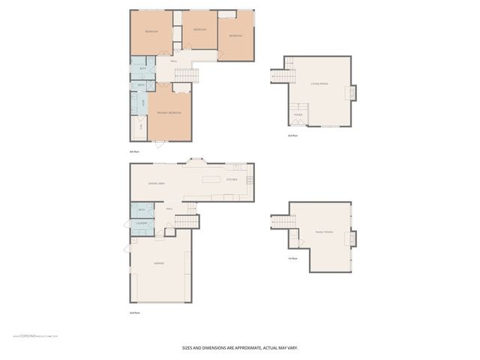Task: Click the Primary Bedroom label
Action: point(169,112)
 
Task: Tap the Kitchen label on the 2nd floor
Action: point(232,180)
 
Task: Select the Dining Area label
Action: point(156,183)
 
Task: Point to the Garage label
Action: point(159,263)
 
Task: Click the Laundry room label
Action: point(141,223)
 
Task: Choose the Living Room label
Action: point(319,85)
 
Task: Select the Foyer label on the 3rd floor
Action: point(298,115)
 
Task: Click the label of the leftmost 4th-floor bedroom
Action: point(151,31)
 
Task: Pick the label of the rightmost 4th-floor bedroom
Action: point(235,36)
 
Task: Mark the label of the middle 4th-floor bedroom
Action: point(199,29)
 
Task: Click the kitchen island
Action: point(211,179)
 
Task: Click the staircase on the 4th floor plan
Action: point(187,75)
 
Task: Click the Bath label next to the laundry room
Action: point(141,210)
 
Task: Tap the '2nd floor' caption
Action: point(134,312)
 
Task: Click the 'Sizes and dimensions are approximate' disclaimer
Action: point(240,347)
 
